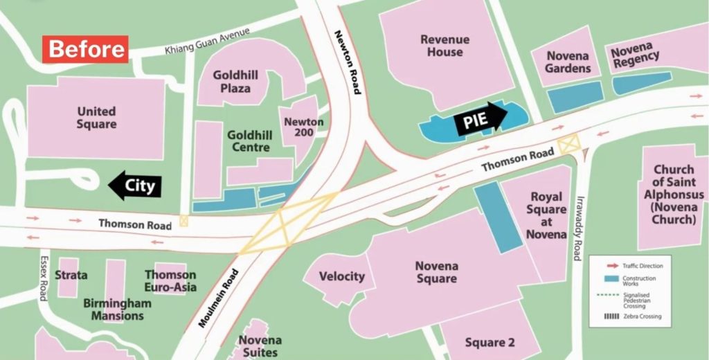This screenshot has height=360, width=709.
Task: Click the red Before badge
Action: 87,49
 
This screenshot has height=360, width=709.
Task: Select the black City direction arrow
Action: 134,185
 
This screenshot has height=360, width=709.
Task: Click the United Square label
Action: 96,118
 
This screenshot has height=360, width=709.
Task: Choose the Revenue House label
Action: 445,46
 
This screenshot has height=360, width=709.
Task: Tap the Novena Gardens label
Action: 568,62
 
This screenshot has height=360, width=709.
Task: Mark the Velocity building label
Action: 341,276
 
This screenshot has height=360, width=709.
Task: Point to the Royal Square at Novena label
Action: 546,216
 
